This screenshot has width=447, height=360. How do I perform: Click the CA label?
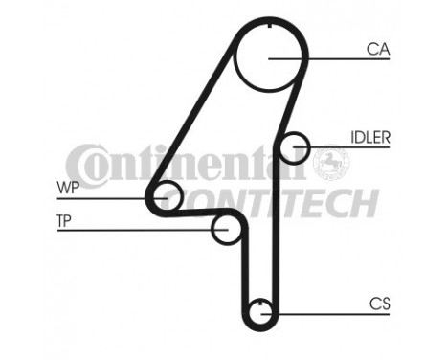[x=376, y=48]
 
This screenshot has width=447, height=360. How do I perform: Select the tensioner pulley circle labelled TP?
[x=226, y=230]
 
